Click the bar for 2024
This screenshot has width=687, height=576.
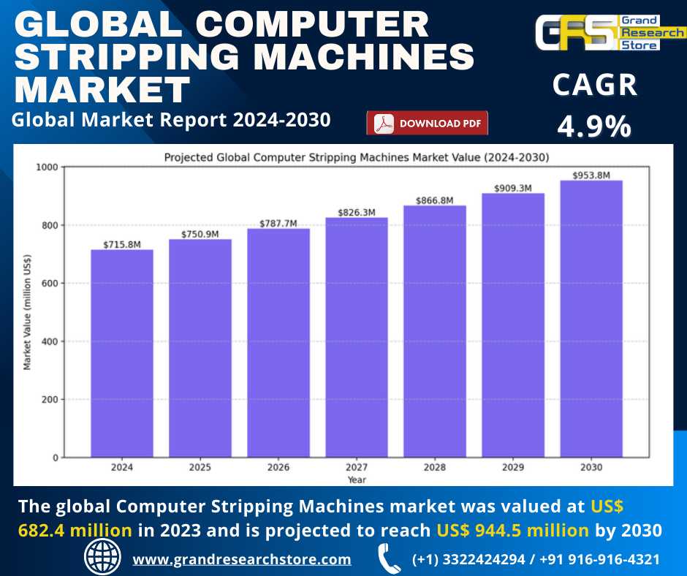122,354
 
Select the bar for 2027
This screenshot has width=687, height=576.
357,338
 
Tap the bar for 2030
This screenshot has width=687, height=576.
591,319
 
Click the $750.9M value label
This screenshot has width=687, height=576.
200,234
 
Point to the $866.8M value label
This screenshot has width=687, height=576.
435,200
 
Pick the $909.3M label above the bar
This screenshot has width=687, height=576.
513,188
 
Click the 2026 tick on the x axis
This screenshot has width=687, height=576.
278,468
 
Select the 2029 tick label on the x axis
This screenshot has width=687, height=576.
513,468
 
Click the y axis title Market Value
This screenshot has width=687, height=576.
28,312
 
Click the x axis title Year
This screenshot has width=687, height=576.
357,480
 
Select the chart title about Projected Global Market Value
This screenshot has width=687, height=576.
357,156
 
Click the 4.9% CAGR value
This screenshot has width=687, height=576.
594,126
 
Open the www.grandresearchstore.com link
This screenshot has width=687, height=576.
241,559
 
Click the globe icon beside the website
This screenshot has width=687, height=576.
103,558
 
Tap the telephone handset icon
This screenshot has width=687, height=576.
389,558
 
